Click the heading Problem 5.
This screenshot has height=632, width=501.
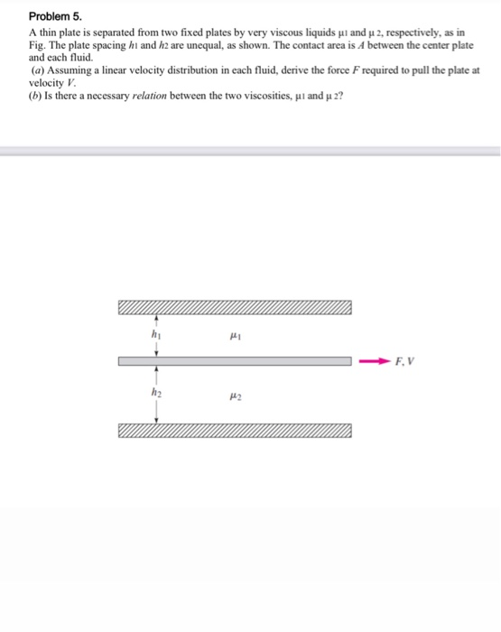pos(55,15)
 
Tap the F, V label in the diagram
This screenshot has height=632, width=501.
pos(405,362)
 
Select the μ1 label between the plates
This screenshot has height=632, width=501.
pos(235,335)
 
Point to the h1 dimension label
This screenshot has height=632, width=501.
pos(157,335)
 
